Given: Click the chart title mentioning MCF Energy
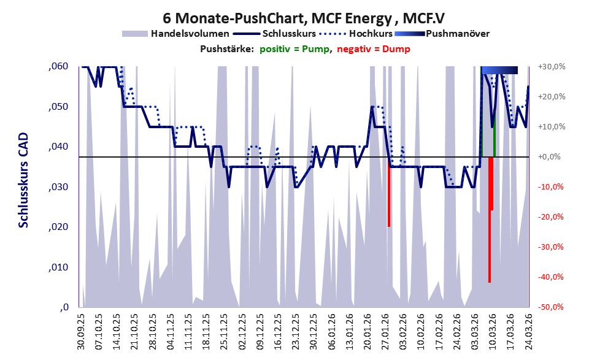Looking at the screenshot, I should tap(304, 18).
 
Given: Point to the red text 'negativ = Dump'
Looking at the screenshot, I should tap(374, 49).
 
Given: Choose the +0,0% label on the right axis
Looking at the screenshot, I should tap(550, 157).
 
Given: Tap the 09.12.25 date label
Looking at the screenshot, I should tap(261, 332).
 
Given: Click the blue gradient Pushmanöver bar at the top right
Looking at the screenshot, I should tap(499, 70).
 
